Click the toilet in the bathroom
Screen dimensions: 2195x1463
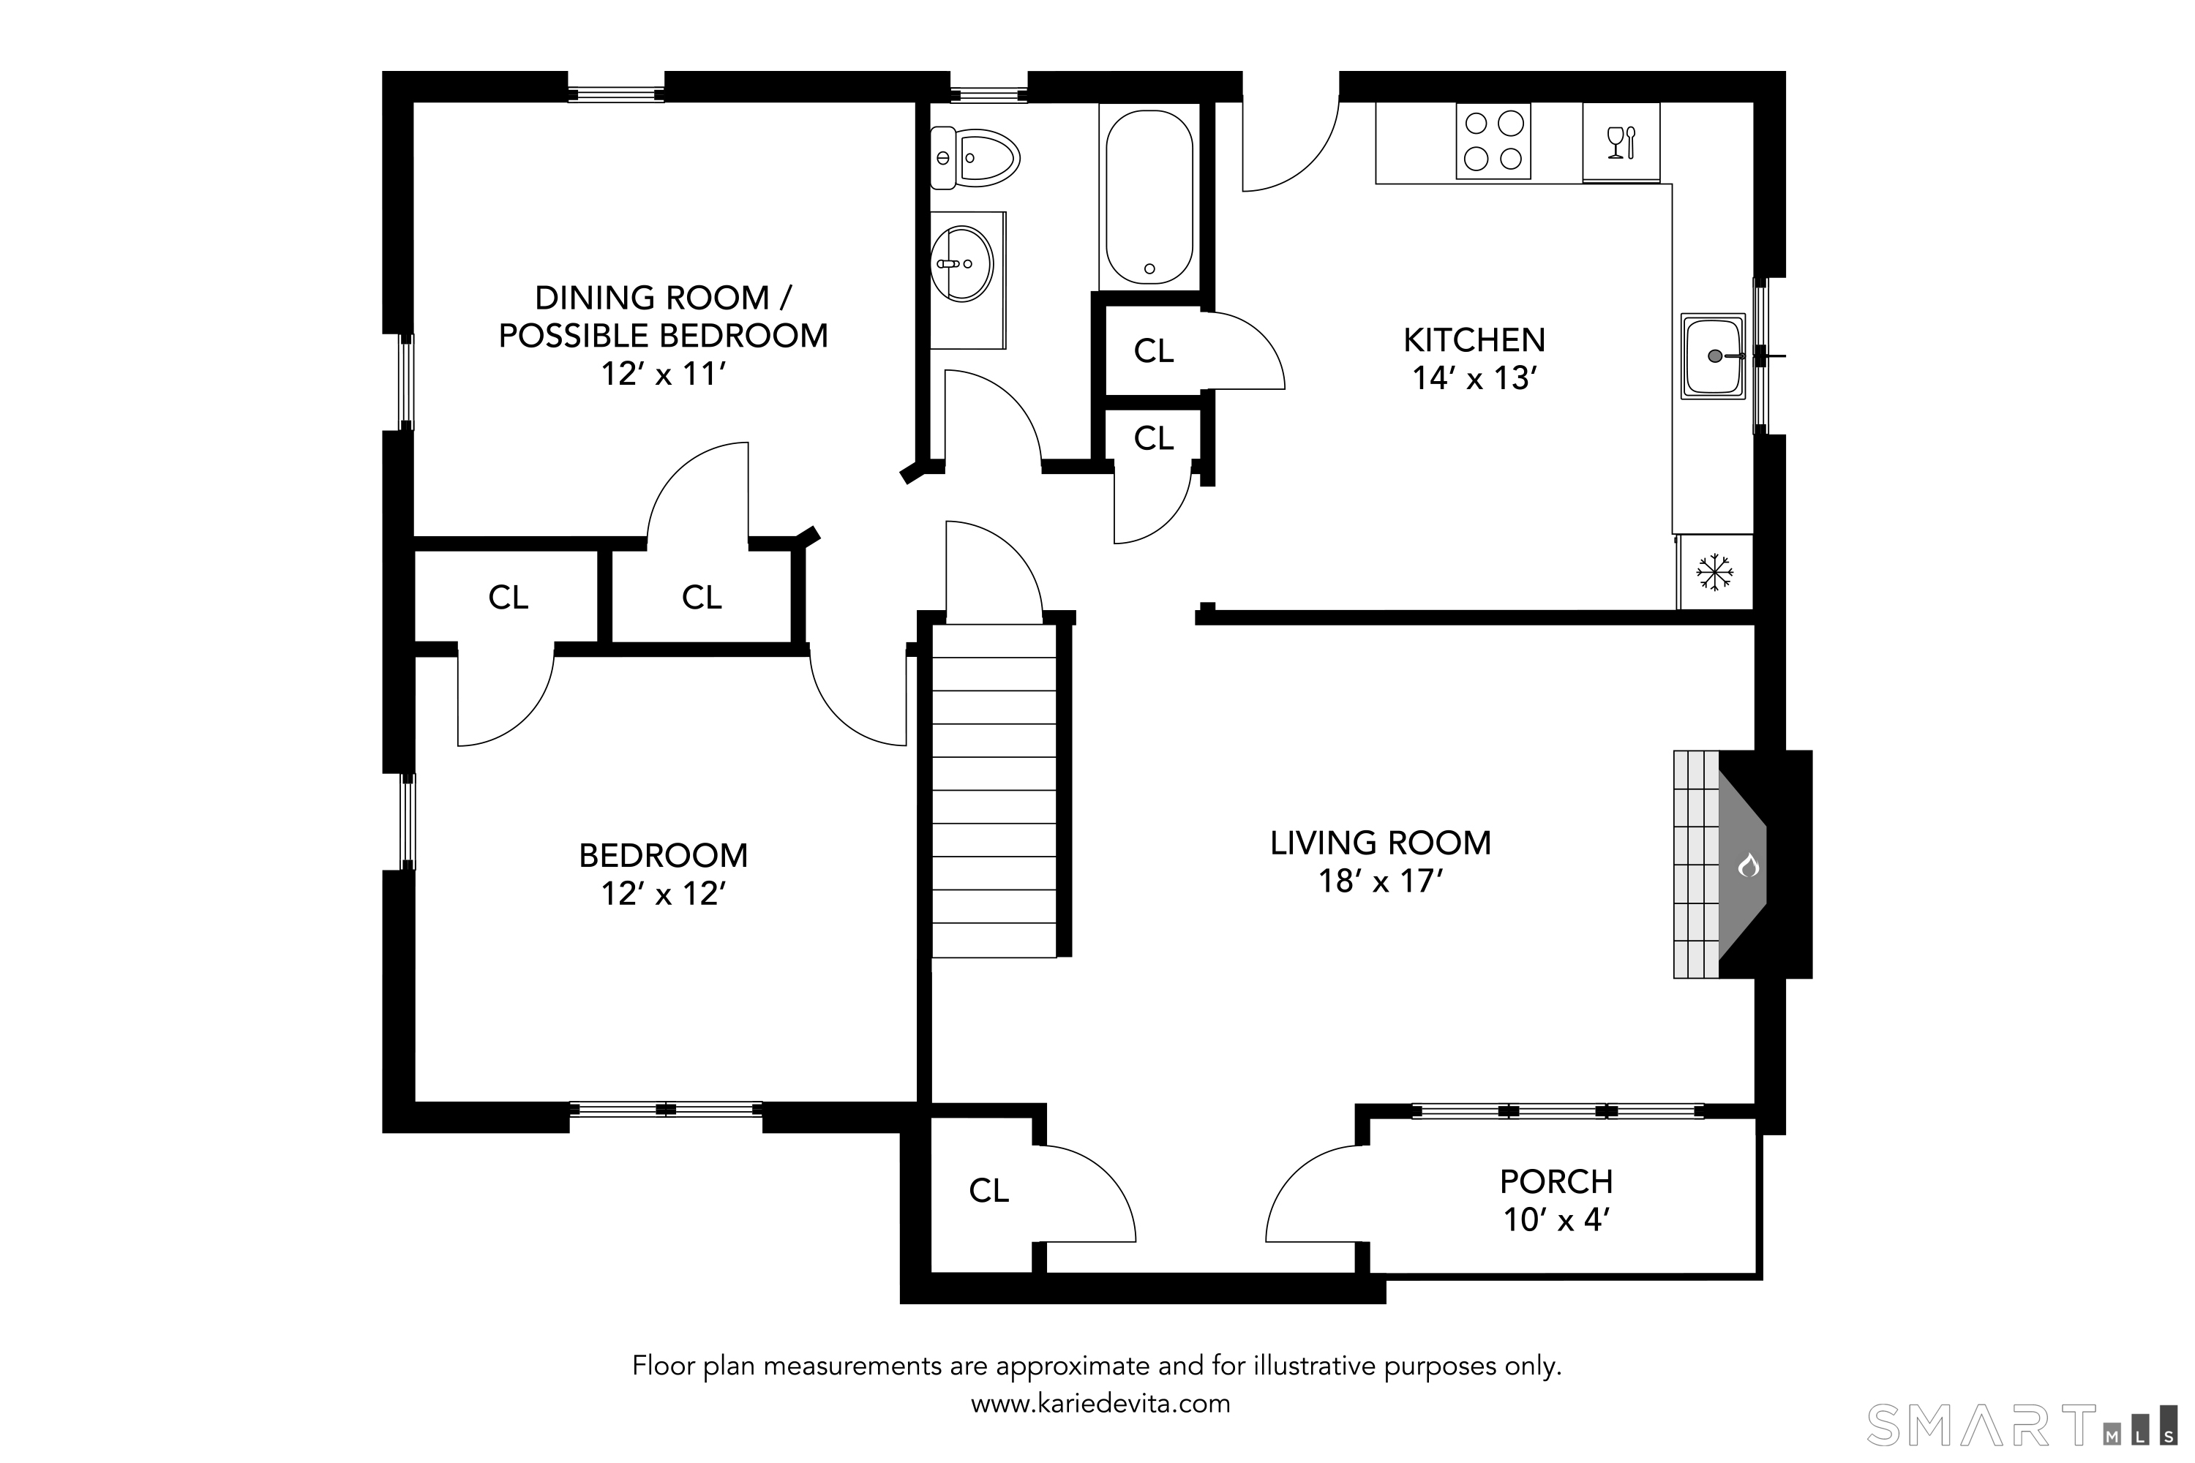coord(975,159)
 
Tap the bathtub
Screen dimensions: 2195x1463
coord(1149,197)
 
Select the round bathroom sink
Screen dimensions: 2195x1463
coord(962,263)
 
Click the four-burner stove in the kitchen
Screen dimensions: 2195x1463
coord(1493,141)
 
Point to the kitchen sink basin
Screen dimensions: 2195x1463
coord(1714,356)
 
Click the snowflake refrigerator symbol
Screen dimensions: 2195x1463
coord(1714,572)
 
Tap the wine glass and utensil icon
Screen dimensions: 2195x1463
coord(1621,143)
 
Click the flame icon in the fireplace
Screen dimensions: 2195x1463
coord(1748,865)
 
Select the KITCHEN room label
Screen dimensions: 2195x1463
coord(1474,339)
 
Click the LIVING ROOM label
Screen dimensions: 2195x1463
coord(1380,843)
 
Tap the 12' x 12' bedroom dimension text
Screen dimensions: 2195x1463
coord(664,893)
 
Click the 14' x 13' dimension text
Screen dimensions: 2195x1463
coord(1474,378)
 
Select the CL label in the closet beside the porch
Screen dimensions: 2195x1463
coord(989,1191)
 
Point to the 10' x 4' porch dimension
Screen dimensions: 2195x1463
coord(1557,1219)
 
